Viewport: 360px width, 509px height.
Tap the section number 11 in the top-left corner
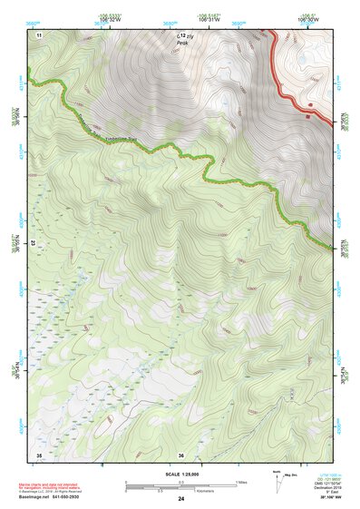coord(39,34)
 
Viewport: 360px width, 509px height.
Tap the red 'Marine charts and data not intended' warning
coord(66,483)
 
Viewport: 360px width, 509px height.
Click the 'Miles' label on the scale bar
coord(241,482)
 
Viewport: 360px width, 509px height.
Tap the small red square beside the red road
coord(309,115)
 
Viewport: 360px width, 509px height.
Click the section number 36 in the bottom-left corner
coord(39,454)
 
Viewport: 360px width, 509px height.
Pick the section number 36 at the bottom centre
coord(180,454)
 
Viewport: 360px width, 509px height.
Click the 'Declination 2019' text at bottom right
coord(328,489)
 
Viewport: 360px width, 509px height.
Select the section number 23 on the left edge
coord(34,243)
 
